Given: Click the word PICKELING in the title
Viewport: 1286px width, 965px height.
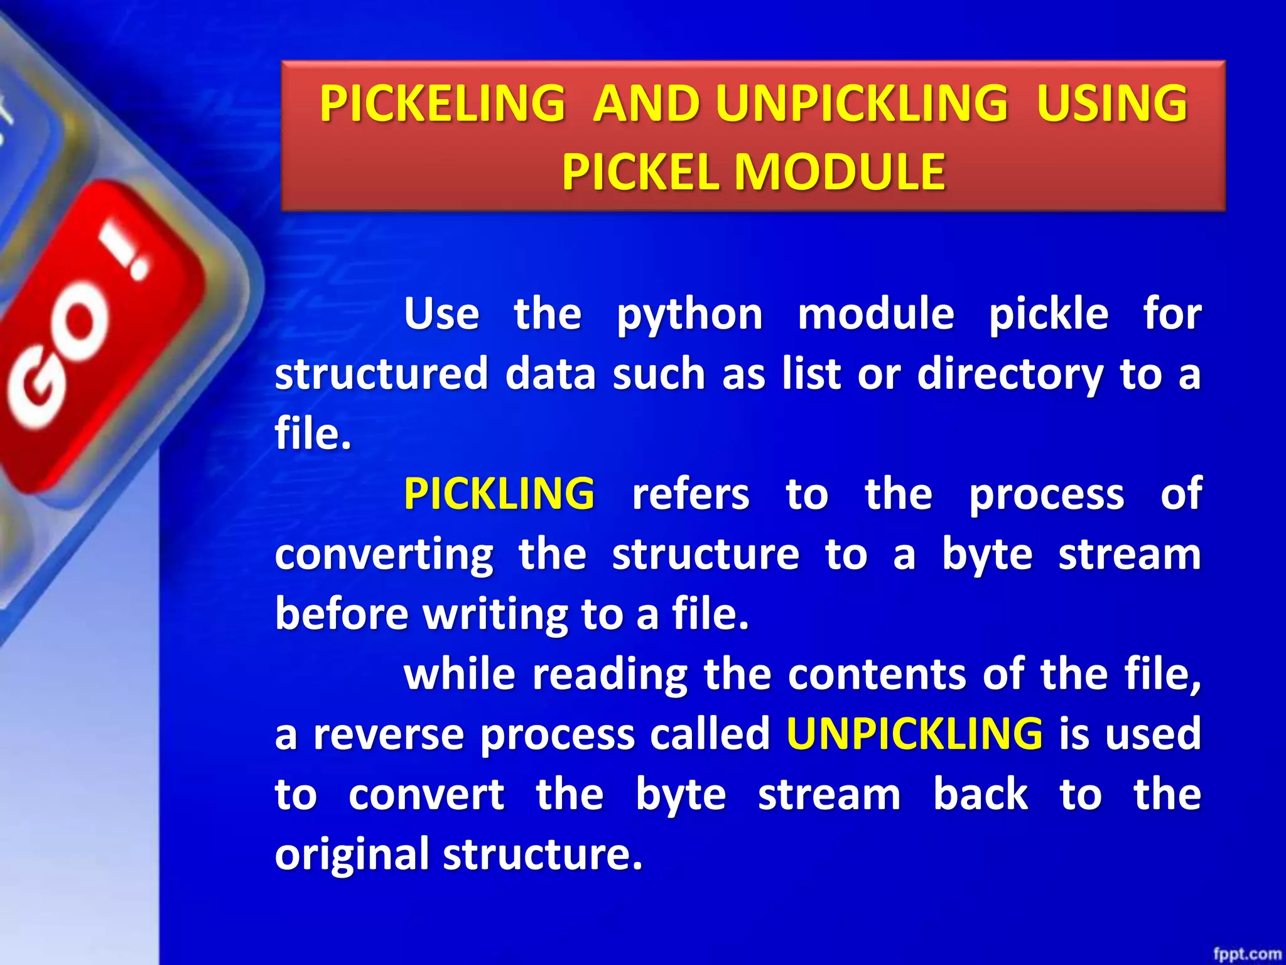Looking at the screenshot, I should click(x=442, y=104).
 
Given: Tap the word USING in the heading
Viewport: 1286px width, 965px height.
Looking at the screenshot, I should click(x=1111, y=104).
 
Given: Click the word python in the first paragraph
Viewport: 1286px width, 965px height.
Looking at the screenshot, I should click(x=689, y=315).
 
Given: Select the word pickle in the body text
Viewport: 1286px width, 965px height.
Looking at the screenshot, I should click(x=1048, y=314).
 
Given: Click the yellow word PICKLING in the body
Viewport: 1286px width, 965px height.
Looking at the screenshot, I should click(x=499, y=494).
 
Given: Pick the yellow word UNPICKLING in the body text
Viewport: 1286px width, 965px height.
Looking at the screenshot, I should click(x=914, y=734).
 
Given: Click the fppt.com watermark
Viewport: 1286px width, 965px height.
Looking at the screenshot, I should click(x=1246, y=954).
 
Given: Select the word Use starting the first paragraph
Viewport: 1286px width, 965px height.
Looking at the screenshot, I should click(x=441, y=314).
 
